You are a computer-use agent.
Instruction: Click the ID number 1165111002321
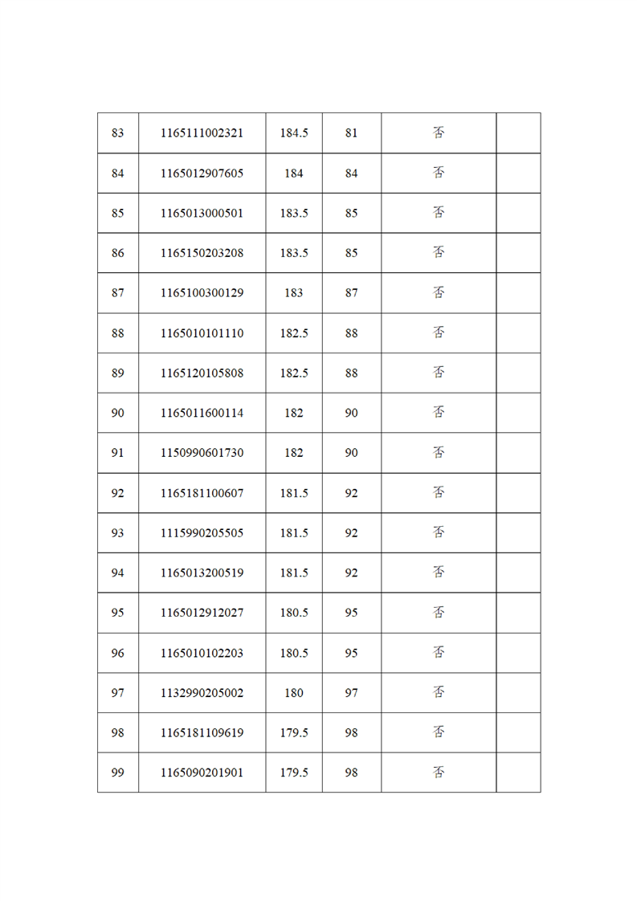coord(202,133)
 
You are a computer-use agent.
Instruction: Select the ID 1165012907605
coord(202,173)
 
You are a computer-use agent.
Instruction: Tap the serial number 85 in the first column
coord(118,214)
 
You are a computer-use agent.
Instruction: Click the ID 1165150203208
coord(202,253)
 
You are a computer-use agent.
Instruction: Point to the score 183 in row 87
coord(294,293)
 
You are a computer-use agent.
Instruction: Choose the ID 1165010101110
coord(202,333)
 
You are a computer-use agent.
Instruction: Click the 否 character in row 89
coord(439,373)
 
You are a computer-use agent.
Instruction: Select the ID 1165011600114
coord(202,413)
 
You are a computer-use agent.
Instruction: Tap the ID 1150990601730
coord(202,453)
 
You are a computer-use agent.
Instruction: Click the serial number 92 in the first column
coord(118,493)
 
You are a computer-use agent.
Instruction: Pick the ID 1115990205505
coord(202,533)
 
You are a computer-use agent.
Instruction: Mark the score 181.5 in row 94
coord(294,573)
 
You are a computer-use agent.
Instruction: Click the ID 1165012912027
coord(202,613)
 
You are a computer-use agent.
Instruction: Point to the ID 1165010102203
coord(202,653)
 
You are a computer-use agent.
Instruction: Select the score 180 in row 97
coord(294,693)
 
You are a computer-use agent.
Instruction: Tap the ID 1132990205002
coord(202,693)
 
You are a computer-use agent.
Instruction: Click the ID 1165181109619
coord(202,733)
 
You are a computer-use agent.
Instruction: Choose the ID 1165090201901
coord(202,773)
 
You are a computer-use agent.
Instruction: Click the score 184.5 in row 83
coord(294,133)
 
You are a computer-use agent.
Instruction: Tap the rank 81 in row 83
coord(351,133)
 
